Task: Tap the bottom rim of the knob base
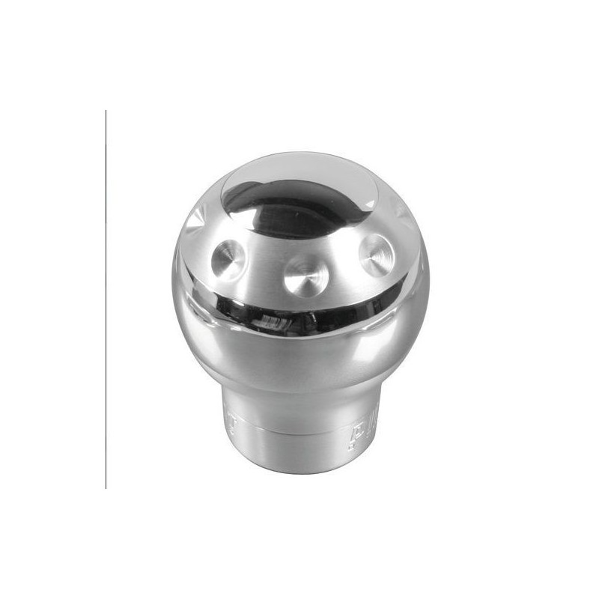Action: pyautogui.click(x=299, y=470)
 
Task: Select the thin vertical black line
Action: pyautogui.click(x=106, y=299)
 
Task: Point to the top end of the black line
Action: pyautogui.click(x=106, y=112)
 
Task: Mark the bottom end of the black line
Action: pyautogui.click(x=106, y=487)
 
